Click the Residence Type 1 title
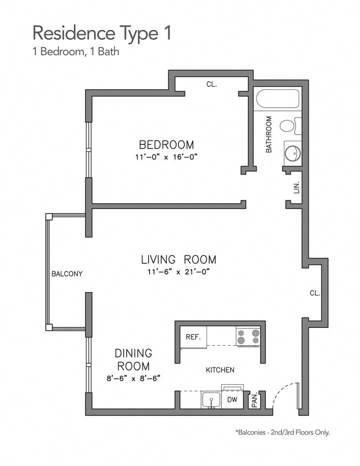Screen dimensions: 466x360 pyautogui.click(x=102, y=33)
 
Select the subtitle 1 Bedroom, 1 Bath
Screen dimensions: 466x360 pyautogui.click(x=76, y=53)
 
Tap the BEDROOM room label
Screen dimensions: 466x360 pyautogui.click(x=166, y=145)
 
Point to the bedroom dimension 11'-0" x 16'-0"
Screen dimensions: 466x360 pyautogui.click(x=166, y=157)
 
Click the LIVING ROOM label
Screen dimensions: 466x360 pyautogui.click(x=178, y=260)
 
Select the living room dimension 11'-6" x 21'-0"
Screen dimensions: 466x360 pyautogui.click(x=178, y=272)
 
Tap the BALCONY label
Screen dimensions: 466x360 pyautogui.click(x=67, y=274)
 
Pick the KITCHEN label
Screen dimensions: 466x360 pyautogui.click(x=220, y=370)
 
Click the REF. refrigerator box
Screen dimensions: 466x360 pyautogui.click(x=193, y=337)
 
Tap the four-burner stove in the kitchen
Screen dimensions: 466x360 pyautogui.click(x=248, y=336)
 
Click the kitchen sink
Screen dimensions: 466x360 pyautogui.click(x=210, y=400)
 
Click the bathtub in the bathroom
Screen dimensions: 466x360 pyautogui.click(x=277, y=99)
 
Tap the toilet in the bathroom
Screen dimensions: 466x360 pyautogui.click(x=289, y=126)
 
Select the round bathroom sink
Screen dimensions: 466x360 pyautogui.click(x=293, y=152)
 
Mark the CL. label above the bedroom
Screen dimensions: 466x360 pyautogui.click(x=211, y=84)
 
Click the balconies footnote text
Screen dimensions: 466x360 pyautogui.click(x=282, y=432)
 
